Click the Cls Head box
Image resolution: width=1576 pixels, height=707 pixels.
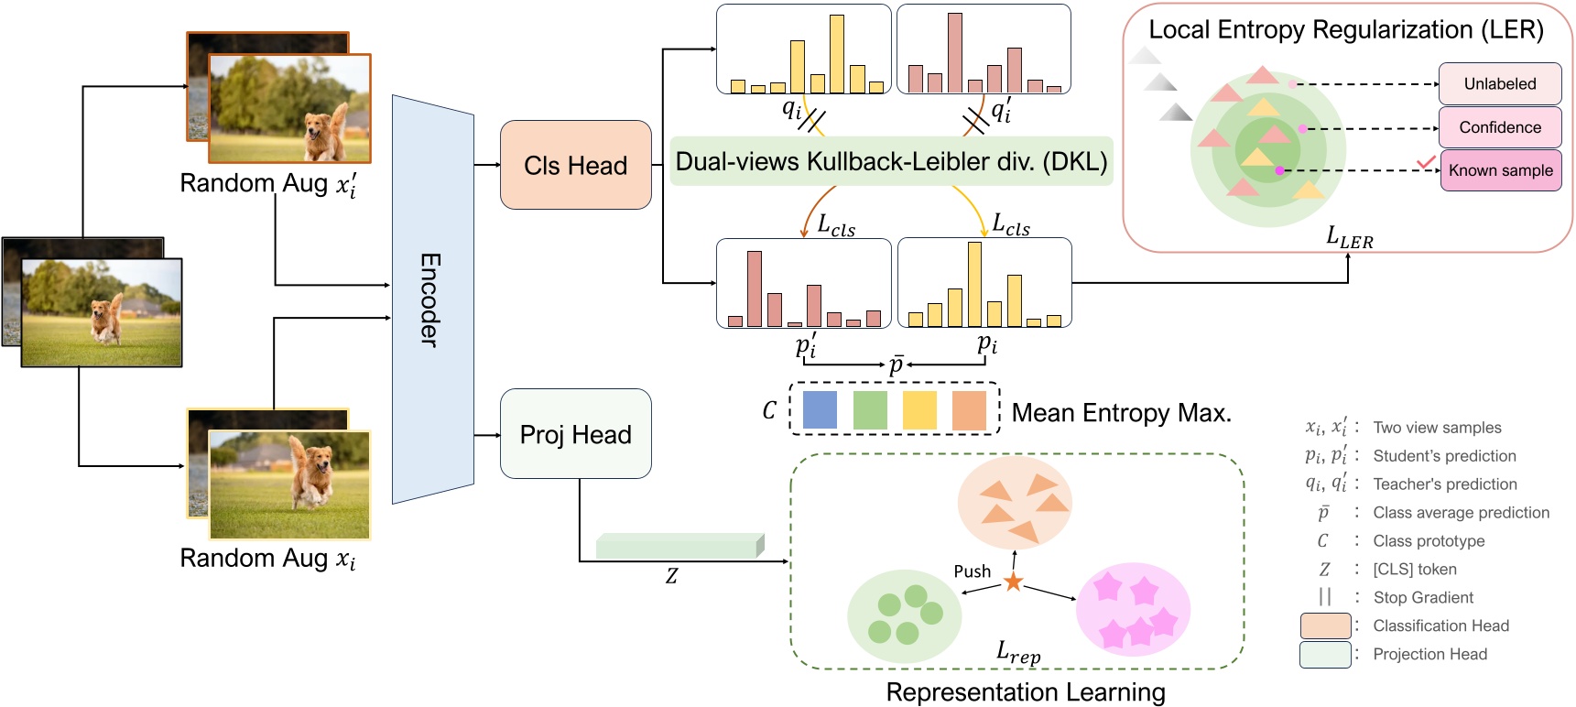(x=575, y=165)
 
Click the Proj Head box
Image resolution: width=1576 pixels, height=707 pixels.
(x=575, y=434)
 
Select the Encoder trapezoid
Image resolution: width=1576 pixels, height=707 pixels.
(x=432, y=299)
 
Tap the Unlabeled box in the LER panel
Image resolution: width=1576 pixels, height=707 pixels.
(x=1499, y=84)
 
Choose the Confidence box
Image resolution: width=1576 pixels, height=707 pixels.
(x=1499, y=127)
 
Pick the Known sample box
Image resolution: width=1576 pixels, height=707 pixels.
(x=1500, y=170)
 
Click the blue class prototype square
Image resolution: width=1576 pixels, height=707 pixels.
(x=820, y=410)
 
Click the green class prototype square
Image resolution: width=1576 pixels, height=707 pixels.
(x=869, y=410)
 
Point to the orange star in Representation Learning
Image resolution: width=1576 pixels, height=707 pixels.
(x=1013, y=582)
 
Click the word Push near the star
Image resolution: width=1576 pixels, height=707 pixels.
(x=972, y=571)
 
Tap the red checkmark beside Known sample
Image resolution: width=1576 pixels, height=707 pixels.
(x=1425, y=162)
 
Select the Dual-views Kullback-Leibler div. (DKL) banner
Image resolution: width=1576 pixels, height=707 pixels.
(x=891, y=162)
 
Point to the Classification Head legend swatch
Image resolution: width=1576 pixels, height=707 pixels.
(x=1325, y=625)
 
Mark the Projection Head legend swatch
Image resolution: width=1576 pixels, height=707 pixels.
(x=1325, y=654)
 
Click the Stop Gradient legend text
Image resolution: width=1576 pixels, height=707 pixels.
(x=1423, y=597)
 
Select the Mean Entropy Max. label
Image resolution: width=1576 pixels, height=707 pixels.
(x=1121, y=413)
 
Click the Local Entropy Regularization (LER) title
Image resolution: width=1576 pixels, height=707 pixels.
(x=1345, y=30)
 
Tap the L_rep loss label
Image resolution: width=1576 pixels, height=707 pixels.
(x=1018, y=653)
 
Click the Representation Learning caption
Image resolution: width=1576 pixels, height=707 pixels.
(x=1025, y=692)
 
